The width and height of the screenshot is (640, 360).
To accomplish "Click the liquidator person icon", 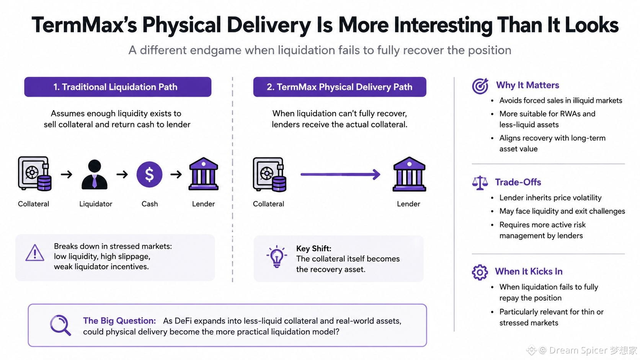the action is point(95,174).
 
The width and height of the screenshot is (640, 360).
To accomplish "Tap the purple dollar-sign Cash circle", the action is point(149,174).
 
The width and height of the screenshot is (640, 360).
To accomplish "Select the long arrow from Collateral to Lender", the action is point(340,174).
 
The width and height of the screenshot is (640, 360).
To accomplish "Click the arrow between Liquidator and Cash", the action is point(122,174).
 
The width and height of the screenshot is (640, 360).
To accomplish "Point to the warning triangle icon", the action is point(35,253).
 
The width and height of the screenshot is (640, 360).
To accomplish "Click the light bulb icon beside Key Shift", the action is point(277,256).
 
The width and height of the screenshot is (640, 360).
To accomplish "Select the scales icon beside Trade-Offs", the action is point(480,183).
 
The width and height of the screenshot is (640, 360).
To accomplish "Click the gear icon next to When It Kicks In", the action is point(480,272).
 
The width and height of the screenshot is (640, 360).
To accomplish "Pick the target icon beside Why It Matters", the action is point(480,86).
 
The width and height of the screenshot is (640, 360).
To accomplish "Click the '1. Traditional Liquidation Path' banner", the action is point(118,87).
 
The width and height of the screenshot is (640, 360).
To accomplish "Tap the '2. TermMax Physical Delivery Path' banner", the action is point(340,87).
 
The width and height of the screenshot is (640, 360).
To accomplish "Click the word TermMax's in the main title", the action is point(84,25).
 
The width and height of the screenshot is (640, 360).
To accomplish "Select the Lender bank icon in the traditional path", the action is point(203,174).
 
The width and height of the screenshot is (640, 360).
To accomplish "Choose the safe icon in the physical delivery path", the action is point(269,174).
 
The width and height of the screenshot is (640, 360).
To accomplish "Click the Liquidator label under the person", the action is point(96,204).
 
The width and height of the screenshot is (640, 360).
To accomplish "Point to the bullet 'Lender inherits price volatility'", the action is point(550,197).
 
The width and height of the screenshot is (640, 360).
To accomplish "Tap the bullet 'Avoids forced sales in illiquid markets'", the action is point(560,101).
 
